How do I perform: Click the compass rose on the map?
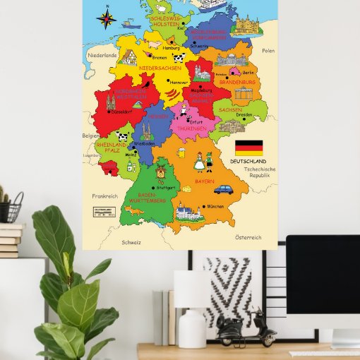point(107,18)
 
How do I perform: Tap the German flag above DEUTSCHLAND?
point(248,148)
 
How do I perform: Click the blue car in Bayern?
point(223,189)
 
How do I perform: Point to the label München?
point(215,207)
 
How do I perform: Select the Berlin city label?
point(248,73)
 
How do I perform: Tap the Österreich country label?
point(248,237)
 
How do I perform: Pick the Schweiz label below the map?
point(131,242)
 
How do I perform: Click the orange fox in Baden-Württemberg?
point(133,210)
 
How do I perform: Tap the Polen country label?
point(268,51)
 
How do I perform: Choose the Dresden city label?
point(245,114)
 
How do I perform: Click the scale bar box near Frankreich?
point(103,211)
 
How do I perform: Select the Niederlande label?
point(102,54)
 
